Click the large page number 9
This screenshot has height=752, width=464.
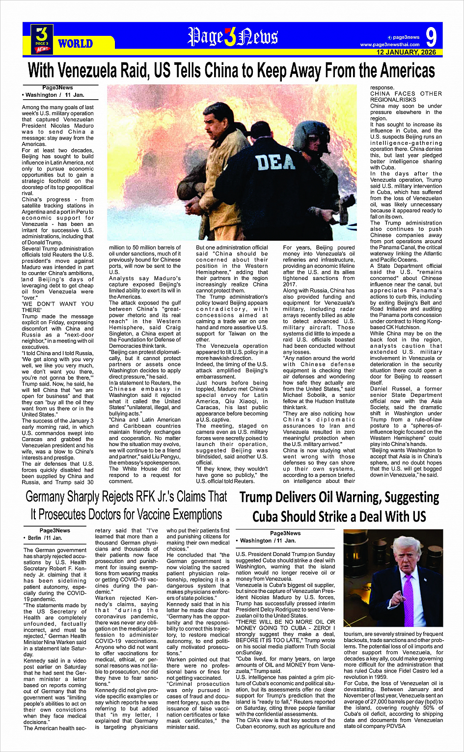pyautogui.click(x=431, y=37)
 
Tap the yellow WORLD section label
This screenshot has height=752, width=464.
pyautogui.click(x=75, y=43)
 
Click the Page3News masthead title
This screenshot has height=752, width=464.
pyautogui.click(x=233, y=37)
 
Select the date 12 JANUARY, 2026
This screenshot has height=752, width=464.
pyautogui.click(x=406, y=52)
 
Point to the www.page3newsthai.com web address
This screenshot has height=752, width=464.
pyautogui.click(x=390, y=45)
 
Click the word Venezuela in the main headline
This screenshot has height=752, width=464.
pyautogui.click(x=114, y=71)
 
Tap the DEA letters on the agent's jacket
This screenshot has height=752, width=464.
pyautogui.click(x=275, y=162)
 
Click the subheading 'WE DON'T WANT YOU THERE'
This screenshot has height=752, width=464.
pyautogui.click(x=57, y=307)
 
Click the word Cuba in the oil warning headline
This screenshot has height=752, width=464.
pyautogui.click(x=271, y=517)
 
